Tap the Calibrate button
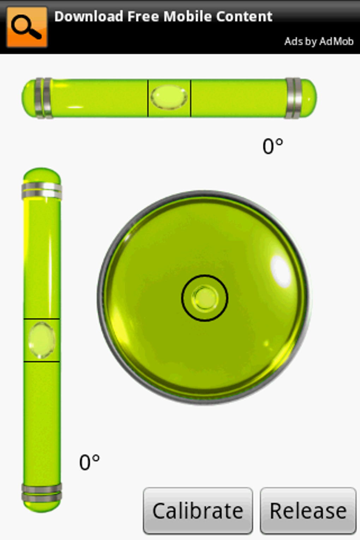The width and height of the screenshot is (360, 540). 198,511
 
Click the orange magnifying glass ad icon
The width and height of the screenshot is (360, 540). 27,27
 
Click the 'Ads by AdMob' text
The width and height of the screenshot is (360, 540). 318,42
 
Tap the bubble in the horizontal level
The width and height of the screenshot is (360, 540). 169,97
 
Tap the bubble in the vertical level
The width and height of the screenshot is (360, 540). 42,340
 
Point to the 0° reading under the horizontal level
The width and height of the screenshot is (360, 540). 272,146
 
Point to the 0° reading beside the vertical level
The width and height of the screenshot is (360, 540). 89,462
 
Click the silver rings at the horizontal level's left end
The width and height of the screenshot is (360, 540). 43,98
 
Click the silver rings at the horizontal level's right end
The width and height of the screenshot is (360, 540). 293,98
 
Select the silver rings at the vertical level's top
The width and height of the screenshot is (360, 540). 42,191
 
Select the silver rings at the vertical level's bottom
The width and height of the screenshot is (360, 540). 42,493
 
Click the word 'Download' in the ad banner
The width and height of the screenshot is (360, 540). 89,17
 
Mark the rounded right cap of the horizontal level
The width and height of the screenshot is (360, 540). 310,98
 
